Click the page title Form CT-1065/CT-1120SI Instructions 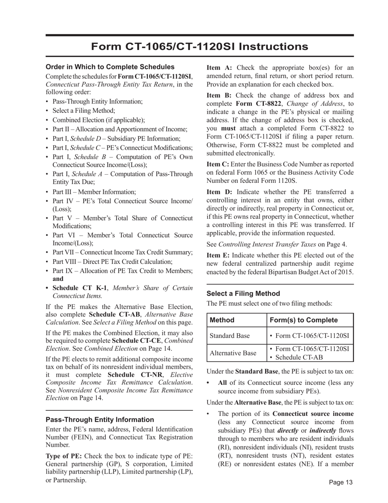(199, 47)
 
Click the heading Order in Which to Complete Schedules (110, 67)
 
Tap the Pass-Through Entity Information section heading (100, 420)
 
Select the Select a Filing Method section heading (243, 294)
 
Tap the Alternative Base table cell (233, 353)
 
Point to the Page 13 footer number (341, 483)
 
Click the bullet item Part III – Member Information (94, 192)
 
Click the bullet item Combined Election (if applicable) (98, 120)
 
